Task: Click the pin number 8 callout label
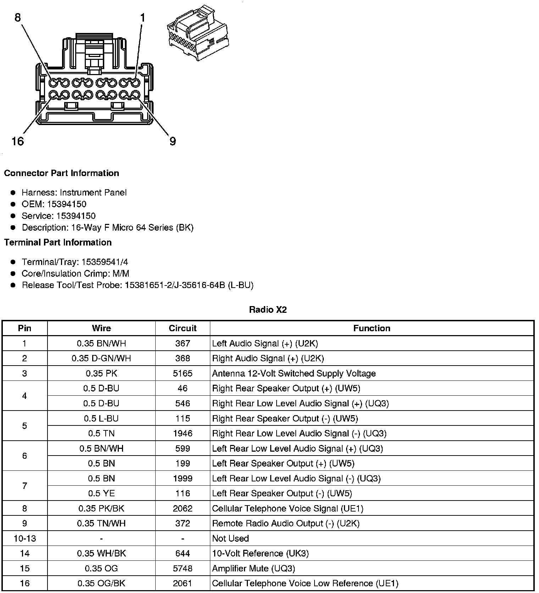18,17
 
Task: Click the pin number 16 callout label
17,141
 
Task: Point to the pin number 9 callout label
173,141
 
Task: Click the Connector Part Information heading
61,173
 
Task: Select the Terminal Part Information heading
58,242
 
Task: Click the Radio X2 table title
268,310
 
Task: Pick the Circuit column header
183,328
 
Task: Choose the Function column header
372,328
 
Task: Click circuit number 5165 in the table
183,373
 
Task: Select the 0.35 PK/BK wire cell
101,508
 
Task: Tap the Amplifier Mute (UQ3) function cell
253,569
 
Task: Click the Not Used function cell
230,538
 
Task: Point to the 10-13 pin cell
24,538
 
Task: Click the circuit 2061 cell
183,583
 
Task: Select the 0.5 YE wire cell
101,493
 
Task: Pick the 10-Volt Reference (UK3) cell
260,553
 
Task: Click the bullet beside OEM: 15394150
13,204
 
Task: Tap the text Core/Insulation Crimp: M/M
75,273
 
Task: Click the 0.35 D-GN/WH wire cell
101,358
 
